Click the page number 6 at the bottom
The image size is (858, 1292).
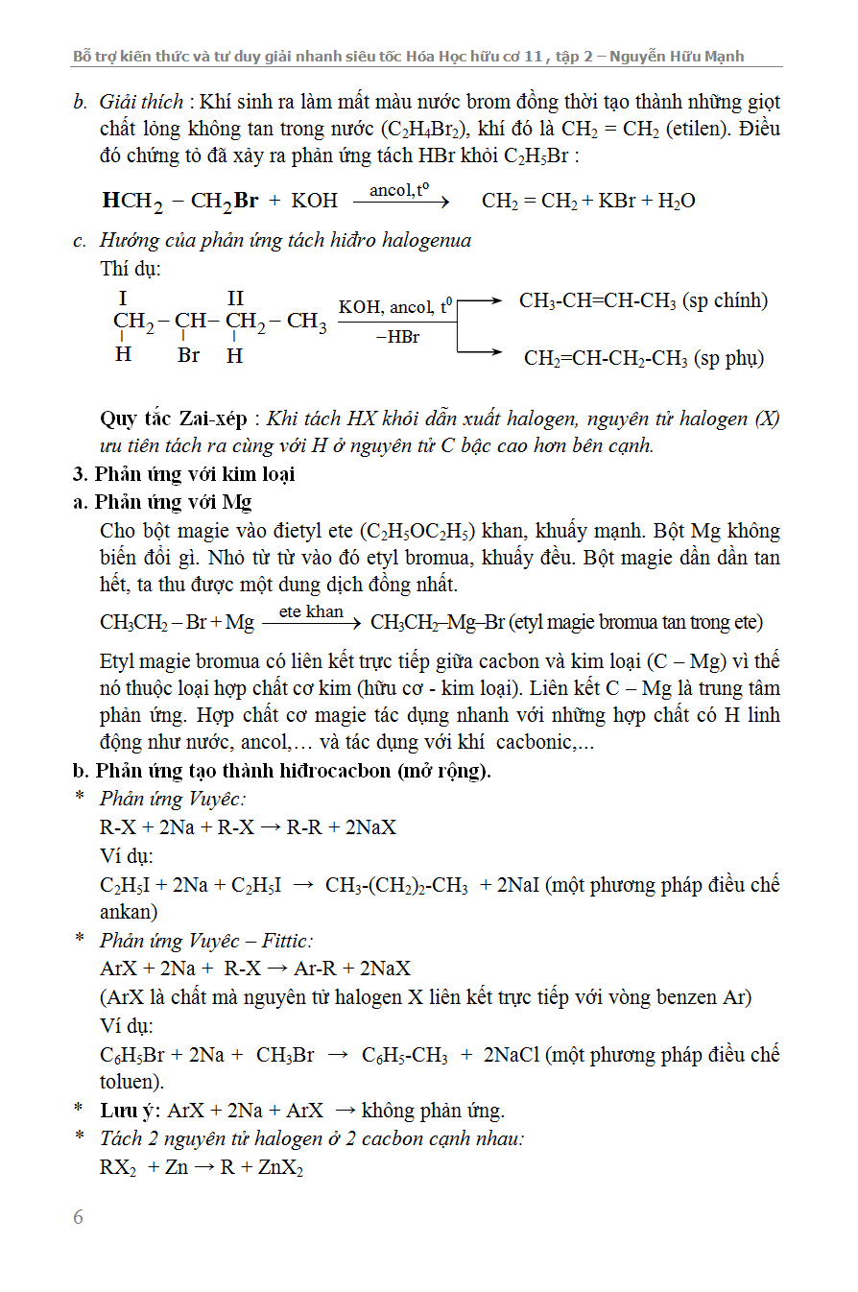point(79,1217)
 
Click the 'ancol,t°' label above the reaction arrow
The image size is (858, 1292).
point(398,190)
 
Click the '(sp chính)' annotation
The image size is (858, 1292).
point(725,300)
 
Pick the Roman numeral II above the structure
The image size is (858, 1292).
point(236,299)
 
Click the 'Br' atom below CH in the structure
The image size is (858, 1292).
point(188,355)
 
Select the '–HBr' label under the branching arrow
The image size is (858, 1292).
point(397,338)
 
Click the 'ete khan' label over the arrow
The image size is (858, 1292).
point(311,611)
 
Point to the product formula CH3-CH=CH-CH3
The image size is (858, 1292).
point(598,300)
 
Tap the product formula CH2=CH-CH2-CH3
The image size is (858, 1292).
point(606,358)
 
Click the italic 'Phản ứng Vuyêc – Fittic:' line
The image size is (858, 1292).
point(206,941)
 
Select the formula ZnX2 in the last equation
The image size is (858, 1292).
point(285,1168)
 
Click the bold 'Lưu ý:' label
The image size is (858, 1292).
point(131,1111)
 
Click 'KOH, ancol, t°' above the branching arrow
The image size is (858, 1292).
point(395,307)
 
